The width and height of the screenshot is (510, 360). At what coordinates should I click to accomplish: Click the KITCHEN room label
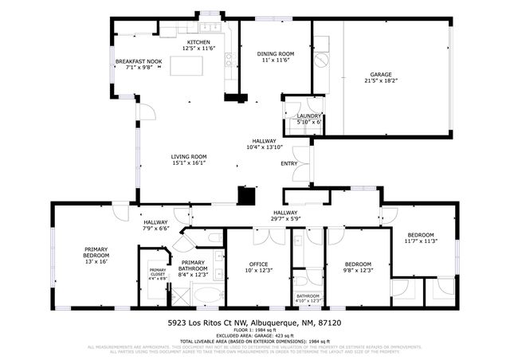point(198,42)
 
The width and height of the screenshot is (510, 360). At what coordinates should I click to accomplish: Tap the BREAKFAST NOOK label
point(139,61)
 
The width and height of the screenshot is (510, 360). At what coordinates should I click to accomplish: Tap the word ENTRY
point(288,164)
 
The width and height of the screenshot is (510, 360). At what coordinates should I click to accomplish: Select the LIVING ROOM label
point(189,157)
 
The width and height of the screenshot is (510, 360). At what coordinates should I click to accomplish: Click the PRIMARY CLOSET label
point(158,272)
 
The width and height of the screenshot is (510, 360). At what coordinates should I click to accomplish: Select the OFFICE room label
point(257,264)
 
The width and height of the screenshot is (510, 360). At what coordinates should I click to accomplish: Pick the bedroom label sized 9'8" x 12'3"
point(358,270)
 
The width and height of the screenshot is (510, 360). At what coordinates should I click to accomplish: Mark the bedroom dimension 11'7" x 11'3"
point(420,241)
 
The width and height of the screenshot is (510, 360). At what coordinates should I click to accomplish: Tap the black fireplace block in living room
point(246,194)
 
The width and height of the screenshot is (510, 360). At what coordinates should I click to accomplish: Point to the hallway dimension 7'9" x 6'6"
point(156,229)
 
